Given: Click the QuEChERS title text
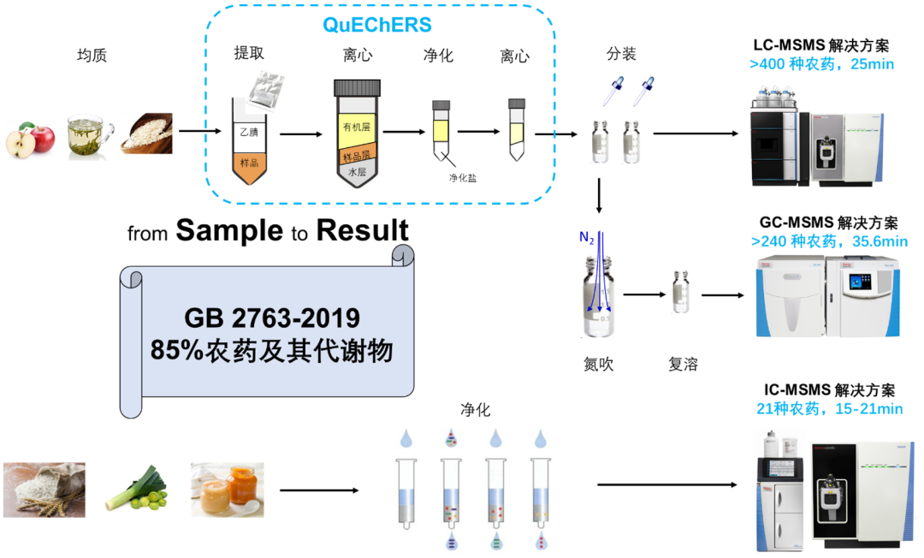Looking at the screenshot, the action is pos(377,25).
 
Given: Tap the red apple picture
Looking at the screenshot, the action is pos(30,140).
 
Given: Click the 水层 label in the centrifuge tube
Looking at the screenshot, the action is pos(357,172).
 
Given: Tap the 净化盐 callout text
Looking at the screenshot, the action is pos(463,178).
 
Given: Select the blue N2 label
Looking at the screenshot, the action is pos(586,237).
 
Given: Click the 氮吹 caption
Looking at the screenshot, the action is pos(598,364).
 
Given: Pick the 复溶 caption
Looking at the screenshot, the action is pos(683,364).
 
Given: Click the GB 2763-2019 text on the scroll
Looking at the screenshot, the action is pos(272,318).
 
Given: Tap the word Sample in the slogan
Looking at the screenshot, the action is pos(229,230).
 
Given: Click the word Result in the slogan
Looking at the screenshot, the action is pos(363,230).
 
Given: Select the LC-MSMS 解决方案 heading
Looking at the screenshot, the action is pos(821,45).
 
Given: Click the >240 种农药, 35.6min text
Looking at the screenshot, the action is pos(829,241).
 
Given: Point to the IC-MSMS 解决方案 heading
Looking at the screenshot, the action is pos(829,390).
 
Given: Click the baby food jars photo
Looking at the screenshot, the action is pos(228,490).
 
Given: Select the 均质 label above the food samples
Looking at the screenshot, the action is pos(92,56).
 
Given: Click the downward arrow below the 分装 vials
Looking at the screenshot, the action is pos(599,195).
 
